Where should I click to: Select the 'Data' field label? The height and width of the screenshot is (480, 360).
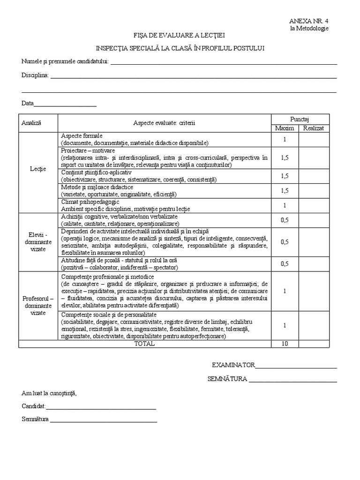27,103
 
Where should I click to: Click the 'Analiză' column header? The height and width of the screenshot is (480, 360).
31,123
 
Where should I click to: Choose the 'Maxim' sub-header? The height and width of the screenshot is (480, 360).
285,128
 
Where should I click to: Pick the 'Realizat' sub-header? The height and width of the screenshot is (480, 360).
314,128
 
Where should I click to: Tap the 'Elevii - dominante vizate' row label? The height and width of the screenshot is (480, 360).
37,242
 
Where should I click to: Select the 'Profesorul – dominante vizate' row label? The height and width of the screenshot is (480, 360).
37,306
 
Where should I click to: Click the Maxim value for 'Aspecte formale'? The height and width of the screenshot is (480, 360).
285,140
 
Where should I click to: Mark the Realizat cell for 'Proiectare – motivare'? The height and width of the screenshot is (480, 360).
314,158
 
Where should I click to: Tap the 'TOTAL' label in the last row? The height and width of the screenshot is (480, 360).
144,344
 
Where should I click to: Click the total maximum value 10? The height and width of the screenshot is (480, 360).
285,344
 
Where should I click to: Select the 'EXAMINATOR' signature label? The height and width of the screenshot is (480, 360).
233,365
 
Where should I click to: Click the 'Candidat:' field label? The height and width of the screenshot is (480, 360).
33,406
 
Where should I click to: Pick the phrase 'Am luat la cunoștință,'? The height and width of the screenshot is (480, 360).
49,393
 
